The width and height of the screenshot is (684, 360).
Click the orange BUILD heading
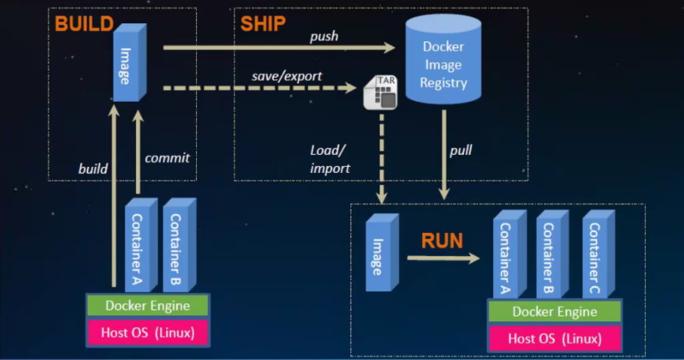pos(85,22)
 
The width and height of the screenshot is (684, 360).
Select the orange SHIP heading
pos(262,23)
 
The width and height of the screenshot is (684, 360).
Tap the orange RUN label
pos(442,240)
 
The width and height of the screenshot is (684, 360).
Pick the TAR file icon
pos(380,93)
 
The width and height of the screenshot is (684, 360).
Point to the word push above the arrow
pos(324,36)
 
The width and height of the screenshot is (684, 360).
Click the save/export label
pos(287,76)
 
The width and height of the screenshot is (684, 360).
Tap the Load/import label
pos(329,159)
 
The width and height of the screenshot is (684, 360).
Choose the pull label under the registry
pos(460,150)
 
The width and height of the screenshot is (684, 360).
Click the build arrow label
pos(93,168)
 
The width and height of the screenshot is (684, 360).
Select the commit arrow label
pos(167,157)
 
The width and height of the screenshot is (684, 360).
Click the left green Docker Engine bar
pos(147,305)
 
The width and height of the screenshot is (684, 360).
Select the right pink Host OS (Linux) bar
pos(555,338)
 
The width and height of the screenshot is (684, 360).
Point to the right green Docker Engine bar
pos(555,311)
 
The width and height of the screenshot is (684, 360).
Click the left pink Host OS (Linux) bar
pos(147,332)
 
